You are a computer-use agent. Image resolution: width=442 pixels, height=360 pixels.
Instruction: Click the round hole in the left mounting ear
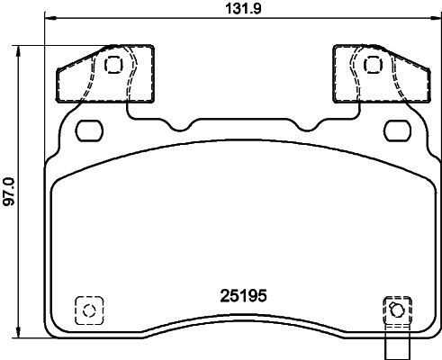113,65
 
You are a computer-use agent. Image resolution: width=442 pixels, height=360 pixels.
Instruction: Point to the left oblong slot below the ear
90,130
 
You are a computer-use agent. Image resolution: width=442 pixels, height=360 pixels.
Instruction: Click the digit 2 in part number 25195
224,294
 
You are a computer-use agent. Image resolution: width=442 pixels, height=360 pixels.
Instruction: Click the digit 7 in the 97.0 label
9,197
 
